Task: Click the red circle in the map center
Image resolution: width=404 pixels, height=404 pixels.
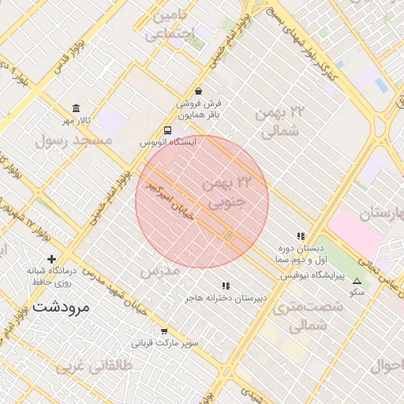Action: coord(202,202)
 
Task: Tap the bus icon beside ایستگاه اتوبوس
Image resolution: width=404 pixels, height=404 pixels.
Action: coord(167,130)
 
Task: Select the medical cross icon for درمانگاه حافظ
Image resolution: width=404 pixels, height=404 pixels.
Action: coord(52,259)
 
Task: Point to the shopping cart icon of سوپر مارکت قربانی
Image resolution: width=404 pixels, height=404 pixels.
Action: coord(164,331)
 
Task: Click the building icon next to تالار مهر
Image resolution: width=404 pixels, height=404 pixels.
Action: coord(76,108)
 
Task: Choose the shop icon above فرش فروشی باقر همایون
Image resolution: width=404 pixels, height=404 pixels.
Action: coord(198,91)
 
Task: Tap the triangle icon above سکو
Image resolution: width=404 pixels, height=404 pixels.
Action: coord(357,281)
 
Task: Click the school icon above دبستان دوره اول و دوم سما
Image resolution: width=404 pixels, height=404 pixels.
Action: coord(301,236)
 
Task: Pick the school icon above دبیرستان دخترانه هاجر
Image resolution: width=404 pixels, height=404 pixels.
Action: coord(226,286)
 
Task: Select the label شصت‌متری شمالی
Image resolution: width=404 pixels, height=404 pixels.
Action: coord(309,315)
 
